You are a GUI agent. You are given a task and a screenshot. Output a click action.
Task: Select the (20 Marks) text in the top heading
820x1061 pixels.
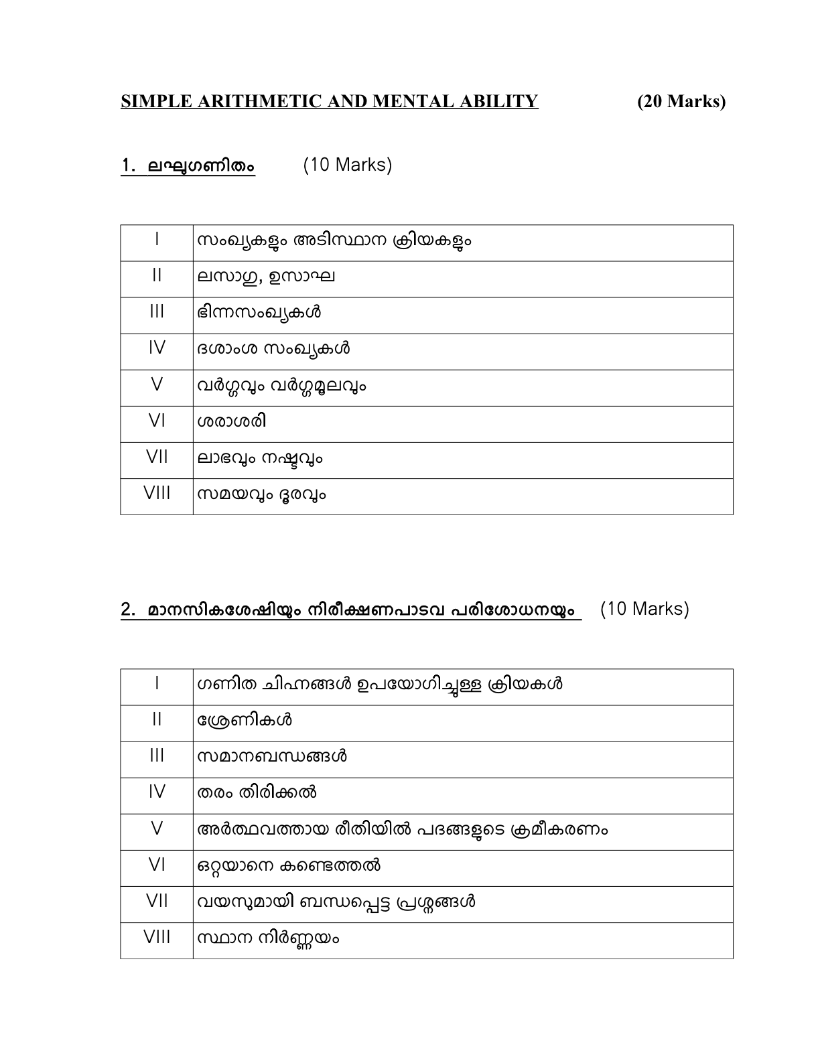[x=681, y=101]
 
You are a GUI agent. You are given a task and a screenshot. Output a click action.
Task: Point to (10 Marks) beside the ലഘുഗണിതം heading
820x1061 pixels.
[x=347, y=165]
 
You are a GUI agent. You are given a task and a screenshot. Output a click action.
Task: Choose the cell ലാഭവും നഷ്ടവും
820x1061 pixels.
[x=261, y=459]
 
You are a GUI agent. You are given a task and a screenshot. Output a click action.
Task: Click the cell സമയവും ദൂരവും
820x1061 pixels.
[x=262, y=495]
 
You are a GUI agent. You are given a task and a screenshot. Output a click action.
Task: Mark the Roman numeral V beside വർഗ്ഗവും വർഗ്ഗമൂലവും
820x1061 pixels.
[x=157, y=385]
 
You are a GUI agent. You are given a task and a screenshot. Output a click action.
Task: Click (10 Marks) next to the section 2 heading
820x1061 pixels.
[x=644, y=609]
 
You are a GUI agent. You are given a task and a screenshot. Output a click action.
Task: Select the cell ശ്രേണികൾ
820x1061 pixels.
[x=245, y=721]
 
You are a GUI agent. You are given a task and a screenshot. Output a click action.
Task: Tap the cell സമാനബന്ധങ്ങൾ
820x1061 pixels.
[x=272, y=757]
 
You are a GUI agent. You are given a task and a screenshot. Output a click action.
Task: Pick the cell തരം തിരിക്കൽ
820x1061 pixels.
[x=257, y=793]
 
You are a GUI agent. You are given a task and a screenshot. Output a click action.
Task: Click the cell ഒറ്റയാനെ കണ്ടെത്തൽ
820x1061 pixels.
[x=289, y=866]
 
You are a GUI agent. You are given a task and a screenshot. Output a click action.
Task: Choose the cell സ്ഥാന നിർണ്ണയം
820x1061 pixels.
[x=268, y=938]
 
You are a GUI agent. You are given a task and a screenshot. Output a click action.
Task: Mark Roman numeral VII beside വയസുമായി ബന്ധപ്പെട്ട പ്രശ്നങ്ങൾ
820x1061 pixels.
[x=157, y=902]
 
